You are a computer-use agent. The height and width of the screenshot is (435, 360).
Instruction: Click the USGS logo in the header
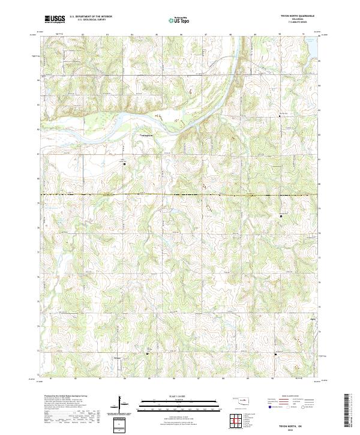click(55, 19)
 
